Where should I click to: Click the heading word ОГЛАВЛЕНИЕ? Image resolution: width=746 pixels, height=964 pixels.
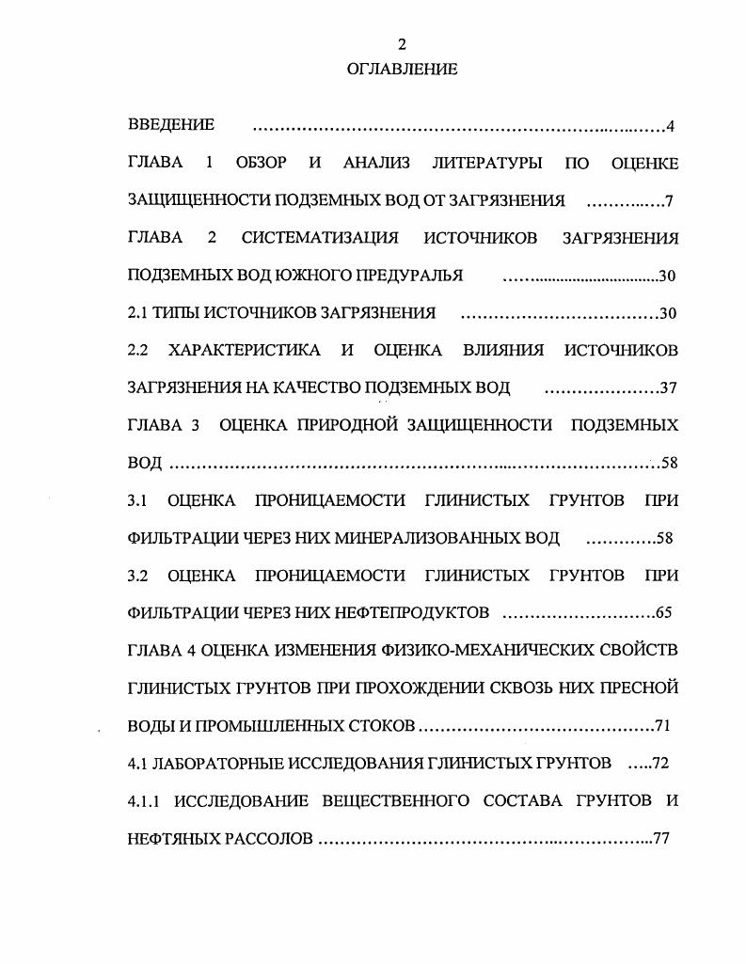(402, 69)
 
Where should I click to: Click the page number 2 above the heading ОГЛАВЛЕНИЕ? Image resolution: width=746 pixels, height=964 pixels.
(402, 44)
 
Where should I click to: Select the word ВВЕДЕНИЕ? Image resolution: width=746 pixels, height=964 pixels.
(170, 124)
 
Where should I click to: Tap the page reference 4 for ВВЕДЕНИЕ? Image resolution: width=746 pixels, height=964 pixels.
(670, 126)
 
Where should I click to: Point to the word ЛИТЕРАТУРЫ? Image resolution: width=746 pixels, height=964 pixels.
(486, 163)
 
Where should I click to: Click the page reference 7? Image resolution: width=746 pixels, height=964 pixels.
(669, 200)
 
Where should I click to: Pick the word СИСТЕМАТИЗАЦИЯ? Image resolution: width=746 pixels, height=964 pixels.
(320, 238)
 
